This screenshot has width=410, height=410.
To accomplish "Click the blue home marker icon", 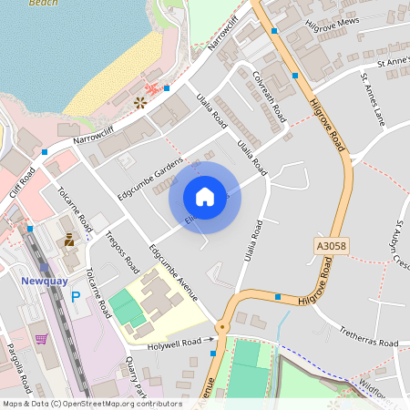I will [205, 197].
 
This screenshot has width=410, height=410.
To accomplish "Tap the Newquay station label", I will [44, 281].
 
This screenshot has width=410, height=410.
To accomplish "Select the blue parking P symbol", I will [76, 297].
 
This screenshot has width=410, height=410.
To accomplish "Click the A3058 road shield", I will [333, 246].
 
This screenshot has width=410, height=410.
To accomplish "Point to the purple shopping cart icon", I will [42, 339].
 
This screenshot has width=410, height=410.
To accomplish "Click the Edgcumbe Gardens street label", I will [143, 179].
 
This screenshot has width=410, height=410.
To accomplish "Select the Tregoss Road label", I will [121, 251].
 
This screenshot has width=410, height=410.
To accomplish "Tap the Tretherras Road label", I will [368, 343].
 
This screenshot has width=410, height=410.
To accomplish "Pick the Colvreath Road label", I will [271, 98].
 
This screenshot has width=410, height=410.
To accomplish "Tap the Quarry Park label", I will [136, 374].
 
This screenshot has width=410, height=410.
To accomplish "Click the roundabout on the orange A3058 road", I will [221, 327].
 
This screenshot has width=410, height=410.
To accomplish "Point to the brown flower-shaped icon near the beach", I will [140, 102].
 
